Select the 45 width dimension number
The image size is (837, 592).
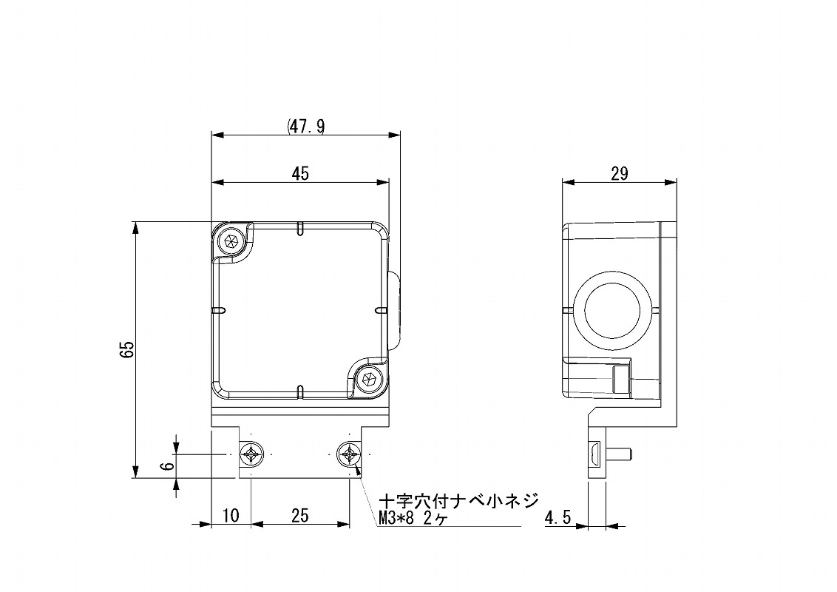(x=300, y=174)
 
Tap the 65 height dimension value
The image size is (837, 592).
(x=127, y=350)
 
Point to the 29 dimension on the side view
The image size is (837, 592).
(x=619, y=174)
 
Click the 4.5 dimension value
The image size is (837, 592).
(x=558, y=517)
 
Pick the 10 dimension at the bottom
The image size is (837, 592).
(x=231, y=516)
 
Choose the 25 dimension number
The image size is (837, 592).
(x=300, y=516)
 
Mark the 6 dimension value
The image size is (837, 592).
(x=168, y=465)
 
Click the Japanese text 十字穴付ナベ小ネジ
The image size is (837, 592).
(x=458, y=501)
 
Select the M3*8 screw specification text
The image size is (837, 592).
(x=396, y=518)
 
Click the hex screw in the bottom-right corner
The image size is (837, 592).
(x=368, y=378)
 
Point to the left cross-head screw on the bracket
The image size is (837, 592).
(x=251, y=455)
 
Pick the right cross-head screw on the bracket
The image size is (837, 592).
(x=350, y=455)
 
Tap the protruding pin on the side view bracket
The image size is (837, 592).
(x=619, y=455)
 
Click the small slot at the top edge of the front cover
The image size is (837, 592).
(x=300, y=228)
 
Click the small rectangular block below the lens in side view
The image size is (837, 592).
(x=620, y=380)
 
